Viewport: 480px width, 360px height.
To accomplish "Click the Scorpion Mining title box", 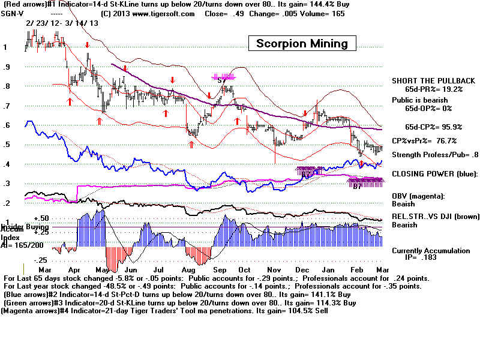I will click(302, 43).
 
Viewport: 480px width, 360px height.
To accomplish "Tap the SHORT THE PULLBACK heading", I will click(433, 81).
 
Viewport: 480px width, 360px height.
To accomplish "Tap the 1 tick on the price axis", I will click(5, 47).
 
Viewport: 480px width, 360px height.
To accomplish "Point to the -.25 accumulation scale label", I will click(57, 260).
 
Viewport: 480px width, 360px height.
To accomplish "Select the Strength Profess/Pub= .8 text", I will click(435, 155).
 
